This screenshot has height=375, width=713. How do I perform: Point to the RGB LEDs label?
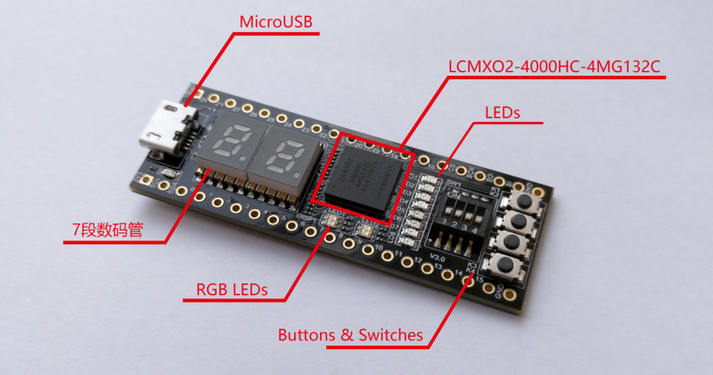tap(232, 289)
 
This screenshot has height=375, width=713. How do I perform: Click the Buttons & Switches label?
tap(350, 336)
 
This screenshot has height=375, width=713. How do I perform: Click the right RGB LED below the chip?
tap(365, 231)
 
